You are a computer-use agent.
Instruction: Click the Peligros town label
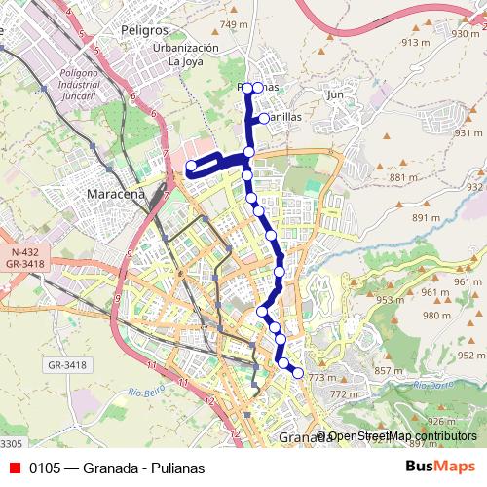144,31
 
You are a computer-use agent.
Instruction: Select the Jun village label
336,94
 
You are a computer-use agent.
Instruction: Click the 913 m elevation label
415,42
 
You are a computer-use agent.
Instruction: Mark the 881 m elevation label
402,177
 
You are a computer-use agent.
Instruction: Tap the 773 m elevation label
321,378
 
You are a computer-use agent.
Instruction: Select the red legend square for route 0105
14,468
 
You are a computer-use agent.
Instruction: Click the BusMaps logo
440,468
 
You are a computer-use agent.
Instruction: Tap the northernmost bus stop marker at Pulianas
247,88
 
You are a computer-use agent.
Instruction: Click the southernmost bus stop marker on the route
297,372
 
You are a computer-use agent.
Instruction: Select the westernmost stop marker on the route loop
192,167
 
